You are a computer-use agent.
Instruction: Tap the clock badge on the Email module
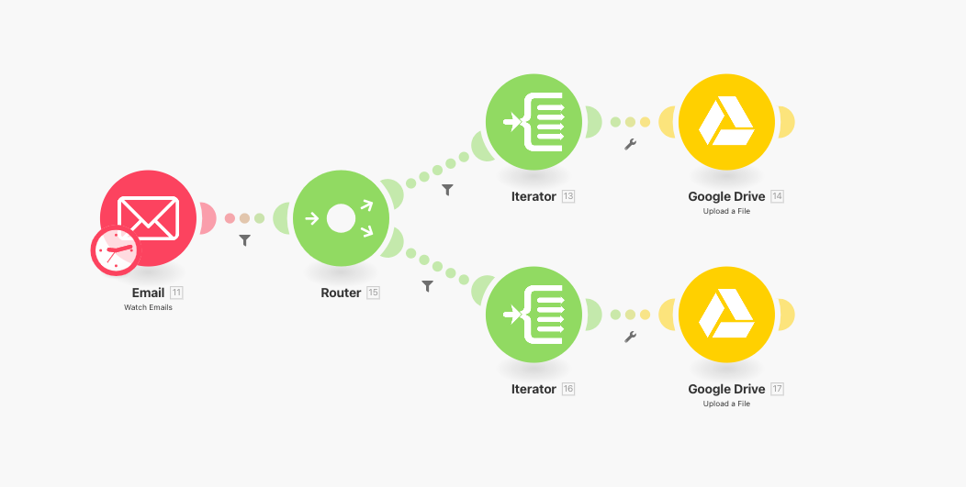[114, 250]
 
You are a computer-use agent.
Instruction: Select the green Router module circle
[341, 218]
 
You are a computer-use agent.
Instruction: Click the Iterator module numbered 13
[534, 121]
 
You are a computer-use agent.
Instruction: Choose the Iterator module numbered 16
[534, 315]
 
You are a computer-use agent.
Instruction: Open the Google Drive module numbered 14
[726, 121]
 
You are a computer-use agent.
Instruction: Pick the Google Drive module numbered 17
[726, 315]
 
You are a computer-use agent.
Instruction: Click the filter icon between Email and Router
[244, 240]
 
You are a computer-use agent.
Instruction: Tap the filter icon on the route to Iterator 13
[447, 190]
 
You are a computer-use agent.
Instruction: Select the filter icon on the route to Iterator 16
[427, 286]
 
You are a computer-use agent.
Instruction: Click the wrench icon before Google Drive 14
[630, 144]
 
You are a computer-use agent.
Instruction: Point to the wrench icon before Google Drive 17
[630, 337]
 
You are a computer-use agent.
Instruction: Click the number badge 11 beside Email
[176, 293]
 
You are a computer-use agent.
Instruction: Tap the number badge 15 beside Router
[373, 293]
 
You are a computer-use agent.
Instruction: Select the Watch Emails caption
[148, 307]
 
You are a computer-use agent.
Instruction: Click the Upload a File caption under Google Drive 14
[726, 211]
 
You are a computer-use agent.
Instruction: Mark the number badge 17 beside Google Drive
[778, 389]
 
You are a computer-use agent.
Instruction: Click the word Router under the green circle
[341, 293]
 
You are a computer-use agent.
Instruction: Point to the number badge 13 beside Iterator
[568, 196]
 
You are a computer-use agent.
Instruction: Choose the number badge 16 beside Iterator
[568, 389]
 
